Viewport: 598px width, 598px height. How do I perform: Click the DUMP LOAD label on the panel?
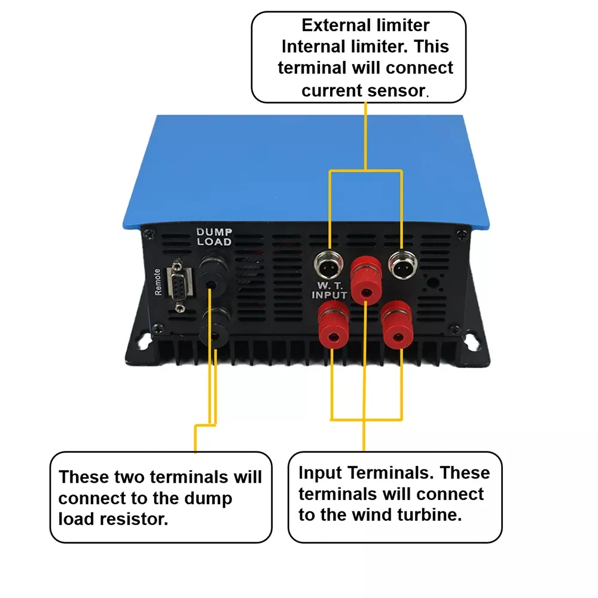[214, 237]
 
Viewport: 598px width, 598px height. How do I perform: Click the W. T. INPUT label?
[329, 289]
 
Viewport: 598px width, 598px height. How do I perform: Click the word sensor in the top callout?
[396, 90]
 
